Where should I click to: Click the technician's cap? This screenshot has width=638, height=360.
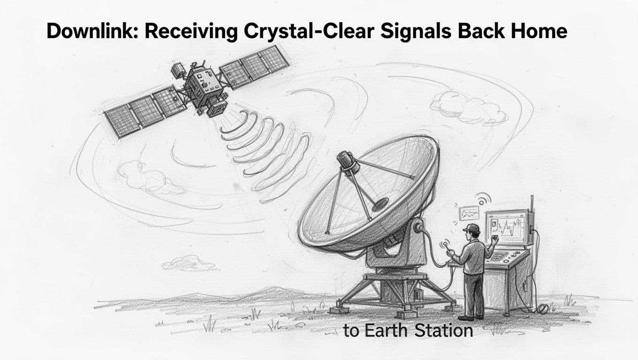(471, 228)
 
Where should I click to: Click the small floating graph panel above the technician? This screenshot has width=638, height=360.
(469, 213)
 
